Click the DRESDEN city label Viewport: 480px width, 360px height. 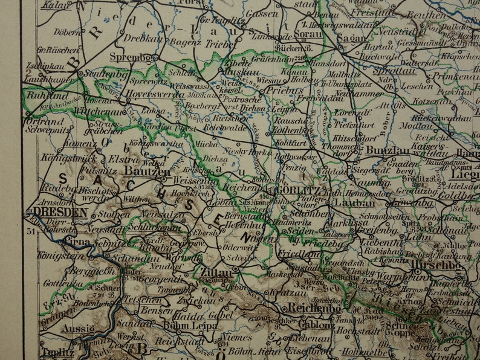[x=59, y=212]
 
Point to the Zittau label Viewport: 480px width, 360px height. [x=215, y=272]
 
